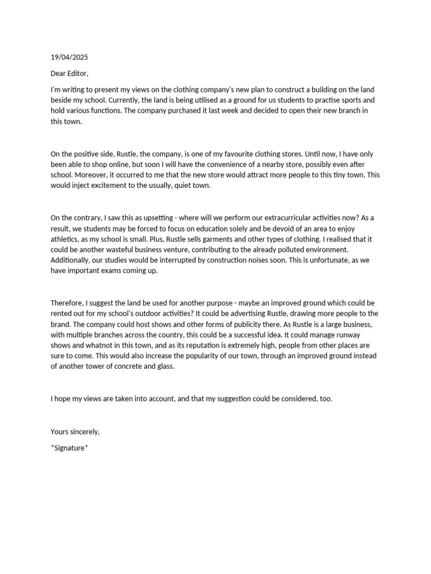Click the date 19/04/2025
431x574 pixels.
coord(69,57)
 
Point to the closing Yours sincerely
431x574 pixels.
coord(75,431)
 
